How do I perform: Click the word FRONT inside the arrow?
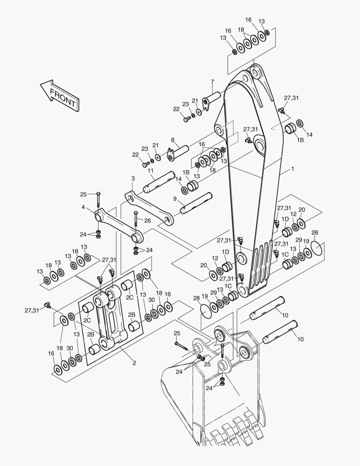pyautogui.click(x=63, y=98)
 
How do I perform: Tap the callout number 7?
pyautogui.click(x=213, y=82)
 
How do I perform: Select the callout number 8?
pyautogui.click(x=172, y=140)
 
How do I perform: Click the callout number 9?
pyautogui.click(x=175, y=198)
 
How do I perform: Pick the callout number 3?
pyautogui.click(x=133, y=178)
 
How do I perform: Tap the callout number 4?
pyautogui.click(x=83, y=207)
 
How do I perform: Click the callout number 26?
pyautogui.click(x=147, y=220)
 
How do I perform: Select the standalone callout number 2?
pyautogui.click(x=134, y=363)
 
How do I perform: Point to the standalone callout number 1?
pyautogui.click(x=293, y=169)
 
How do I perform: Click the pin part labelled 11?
pyautogui.click(x=159, y=182)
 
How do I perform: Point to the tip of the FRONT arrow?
pyautogui.click(x=41, y=85)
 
